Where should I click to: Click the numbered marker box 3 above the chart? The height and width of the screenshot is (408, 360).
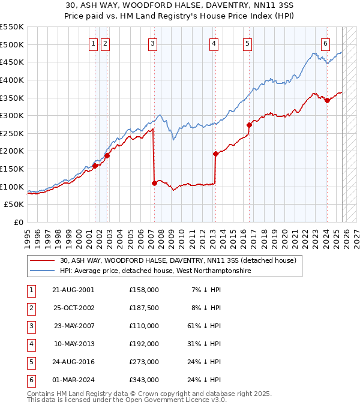(x=153, y=43)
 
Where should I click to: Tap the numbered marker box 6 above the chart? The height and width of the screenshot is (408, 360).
(x=325, y=43)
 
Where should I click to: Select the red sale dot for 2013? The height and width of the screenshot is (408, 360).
(x=215, y=154)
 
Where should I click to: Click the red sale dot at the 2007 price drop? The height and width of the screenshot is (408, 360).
(x=154, y=183)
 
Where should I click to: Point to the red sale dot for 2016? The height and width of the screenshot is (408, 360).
(x=249, y=125)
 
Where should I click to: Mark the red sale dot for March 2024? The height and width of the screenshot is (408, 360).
(x=327, y=100)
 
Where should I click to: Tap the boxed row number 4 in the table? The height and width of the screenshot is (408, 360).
(x=30, y=344)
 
